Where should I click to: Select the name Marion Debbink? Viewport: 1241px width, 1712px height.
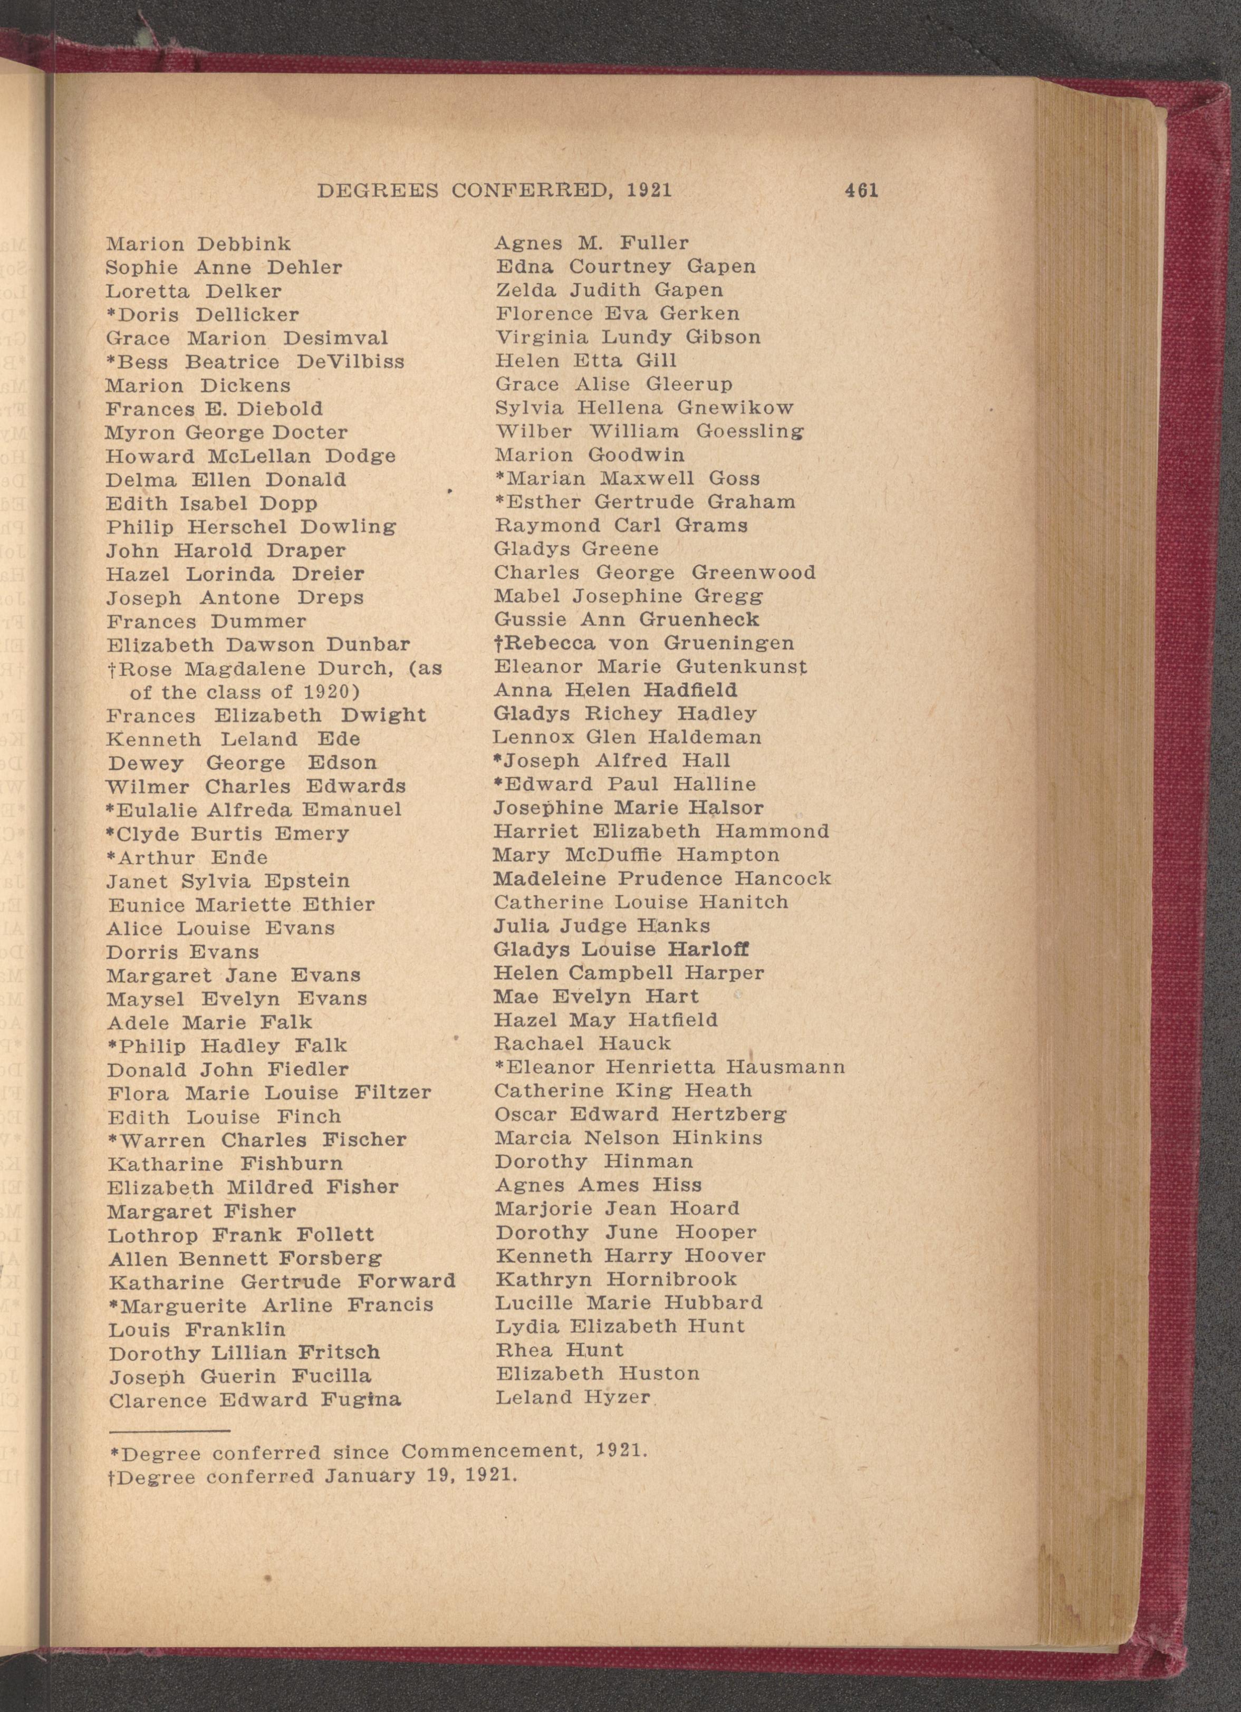click(198, 244)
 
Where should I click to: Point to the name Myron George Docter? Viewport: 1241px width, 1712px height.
click(226, 432)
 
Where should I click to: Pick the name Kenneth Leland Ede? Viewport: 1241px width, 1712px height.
click(233, 739)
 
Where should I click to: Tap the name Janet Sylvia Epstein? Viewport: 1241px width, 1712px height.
click(228, 881)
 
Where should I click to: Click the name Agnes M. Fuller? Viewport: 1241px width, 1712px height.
click(591, 243)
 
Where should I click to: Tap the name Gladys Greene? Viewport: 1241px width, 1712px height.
click(576, 549)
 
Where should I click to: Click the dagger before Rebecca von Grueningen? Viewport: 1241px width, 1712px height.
click(499, 643)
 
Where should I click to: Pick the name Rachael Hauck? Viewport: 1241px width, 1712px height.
click(582, 1043)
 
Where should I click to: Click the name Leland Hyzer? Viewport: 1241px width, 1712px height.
click(572, 1397)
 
